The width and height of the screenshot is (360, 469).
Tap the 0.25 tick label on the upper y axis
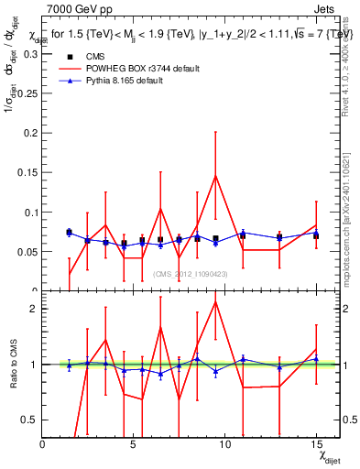[27, 93]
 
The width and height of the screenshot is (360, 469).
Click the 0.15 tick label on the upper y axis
[27, 173]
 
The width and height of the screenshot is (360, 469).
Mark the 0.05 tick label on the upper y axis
[27, 252]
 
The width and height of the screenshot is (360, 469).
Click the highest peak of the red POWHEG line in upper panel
[215, 176]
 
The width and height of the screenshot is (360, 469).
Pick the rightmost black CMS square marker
[316, 235]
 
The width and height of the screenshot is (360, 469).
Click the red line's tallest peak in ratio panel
[215, 301]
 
